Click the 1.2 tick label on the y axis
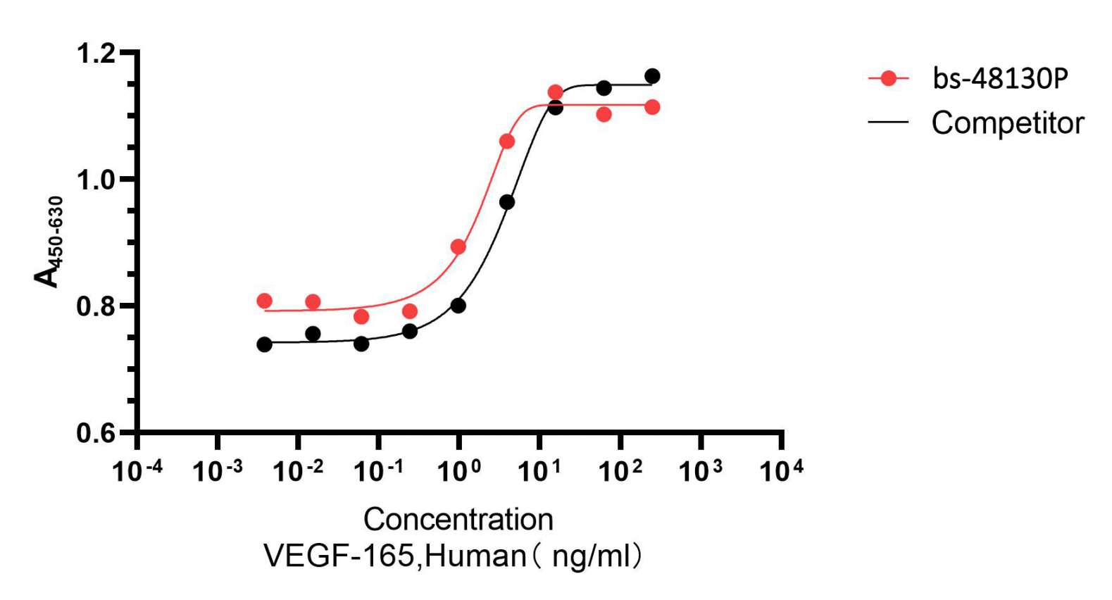(x=96, y=54)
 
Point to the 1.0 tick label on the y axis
(x=96, y=180)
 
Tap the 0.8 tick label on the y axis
(x=96, y=307)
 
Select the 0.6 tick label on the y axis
(x=96, y=433)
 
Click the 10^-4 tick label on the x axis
(x=137, y=470)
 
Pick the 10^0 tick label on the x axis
(x=459, y=470)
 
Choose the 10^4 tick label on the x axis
(x=781, y=470)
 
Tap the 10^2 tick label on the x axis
(x=620, y=470)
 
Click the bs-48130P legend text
(x=1000, y=78)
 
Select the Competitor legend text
(x=1007, y=123)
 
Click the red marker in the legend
(x=889, y=78)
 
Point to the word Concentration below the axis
(x=458, y=520)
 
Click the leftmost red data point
(x=265, y=301)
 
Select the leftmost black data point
(x=265, y=344)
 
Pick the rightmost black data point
(x=652, y=76)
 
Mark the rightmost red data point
(x=652, y=107)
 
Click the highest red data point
(x=555, y=92)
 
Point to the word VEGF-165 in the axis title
(x=339, y=556)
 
